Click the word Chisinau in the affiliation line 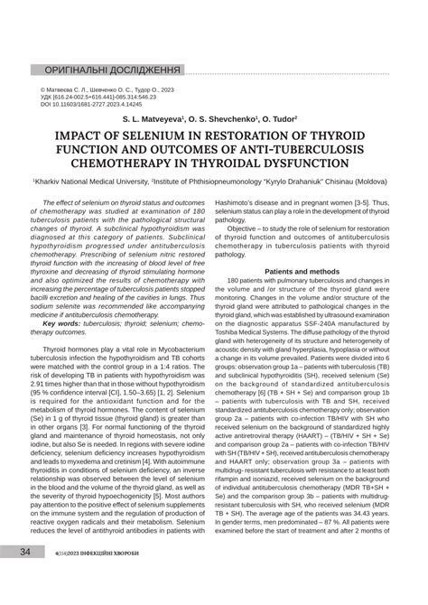tap(343, 181)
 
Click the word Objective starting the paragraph tap(271, 228)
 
